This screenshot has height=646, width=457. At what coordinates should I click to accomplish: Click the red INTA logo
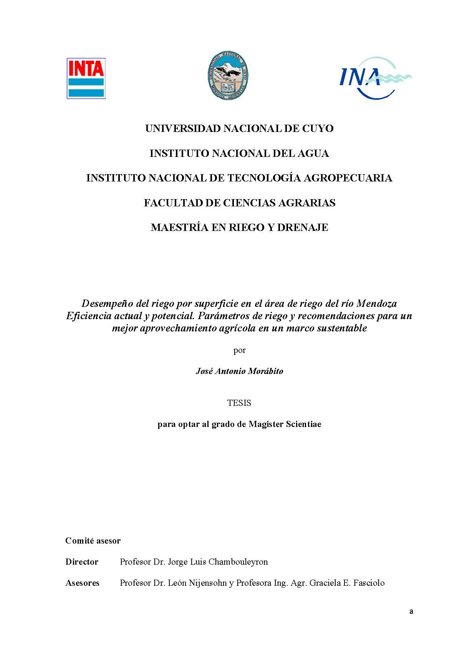click(86, 78)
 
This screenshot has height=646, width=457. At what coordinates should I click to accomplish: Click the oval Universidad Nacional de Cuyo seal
click(228, 76)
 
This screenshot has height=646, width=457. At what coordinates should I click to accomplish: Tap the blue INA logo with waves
click(375, 78)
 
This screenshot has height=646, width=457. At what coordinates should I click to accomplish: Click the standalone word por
click(239, 350)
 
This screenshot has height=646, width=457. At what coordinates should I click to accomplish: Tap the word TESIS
click(239, 403)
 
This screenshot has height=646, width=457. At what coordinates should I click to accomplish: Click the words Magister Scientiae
click(285, 424)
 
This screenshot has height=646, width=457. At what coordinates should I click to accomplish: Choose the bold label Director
click(82, 562)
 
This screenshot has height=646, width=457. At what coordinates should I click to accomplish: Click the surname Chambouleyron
click(238, 562)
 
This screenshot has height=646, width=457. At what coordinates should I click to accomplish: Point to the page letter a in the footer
click(411, 611)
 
